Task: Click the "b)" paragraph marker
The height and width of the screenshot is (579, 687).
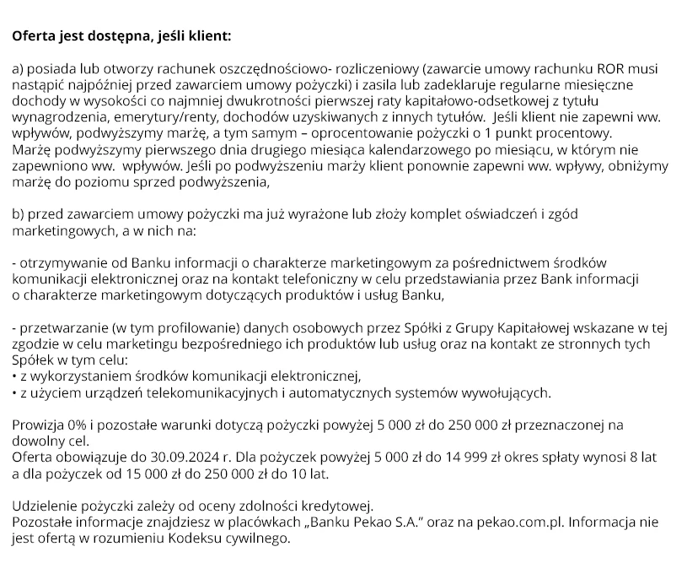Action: click(19, 214)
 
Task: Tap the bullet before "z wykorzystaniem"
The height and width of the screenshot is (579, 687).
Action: click(15, 376)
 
